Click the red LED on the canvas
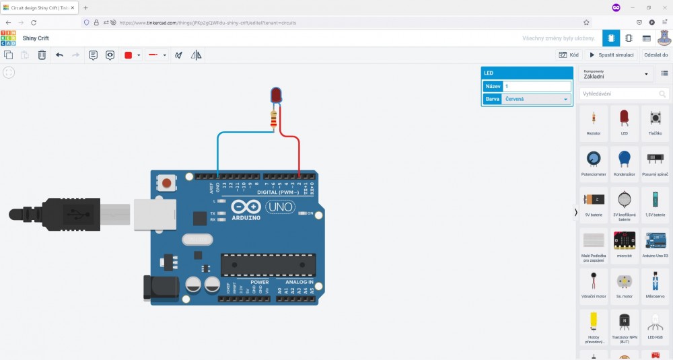tap(276, 95)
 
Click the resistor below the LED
tap(273, 120)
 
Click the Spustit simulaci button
tap(612, 55)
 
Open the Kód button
tap(569, 55)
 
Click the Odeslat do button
tap(656, 55)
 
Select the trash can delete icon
tap(42, 55)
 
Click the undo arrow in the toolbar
tap(59, 55)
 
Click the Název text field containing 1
tap(537, 86)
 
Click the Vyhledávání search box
tap(625, 94)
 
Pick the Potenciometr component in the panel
tap(593, 162)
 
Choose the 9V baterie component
tap(593, 203)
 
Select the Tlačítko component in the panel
tap(655, 122)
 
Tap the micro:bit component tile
tap(624, 244)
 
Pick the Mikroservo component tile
tap(655, 285)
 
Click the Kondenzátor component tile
tap(624, 162)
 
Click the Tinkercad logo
tap(8, 38)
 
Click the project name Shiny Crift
tap(36, 38)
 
